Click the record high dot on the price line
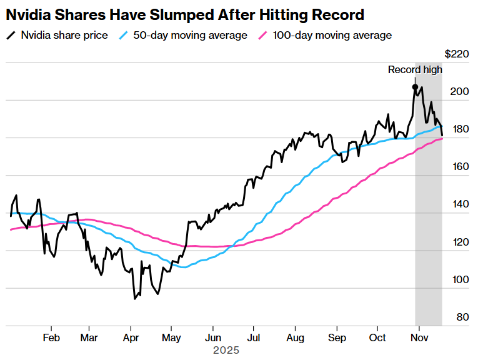coord(415,87)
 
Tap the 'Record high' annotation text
coord(414,69)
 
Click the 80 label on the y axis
coord(462,317)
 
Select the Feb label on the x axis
coord(51,337)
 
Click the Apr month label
coord(131,337)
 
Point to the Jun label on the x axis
coord(212,337)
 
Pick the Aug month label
coord(296,337)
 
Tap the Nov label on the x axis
coord(419,337)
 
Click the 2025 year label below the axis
coord(226,351)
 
